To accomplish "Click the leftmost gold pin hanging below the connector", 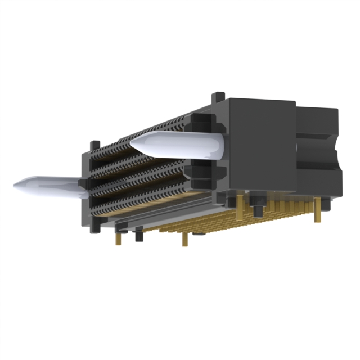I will coord(118,238).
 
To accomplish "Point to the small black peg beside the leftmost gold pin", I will coord(138,233).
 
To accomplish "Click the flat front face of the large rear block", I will coord(262,146).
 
